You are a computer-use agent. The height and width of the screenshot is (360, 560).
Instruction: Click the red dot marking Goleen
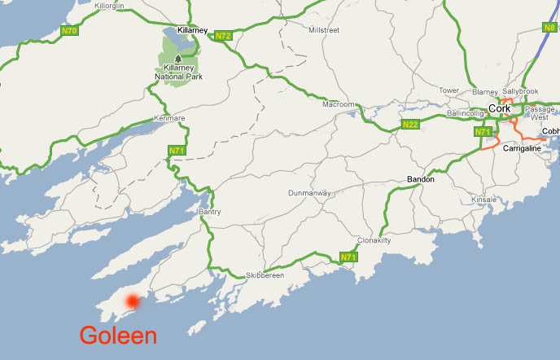132,301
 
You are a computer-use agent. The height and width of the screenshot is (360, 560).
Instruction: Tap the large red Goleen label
118,336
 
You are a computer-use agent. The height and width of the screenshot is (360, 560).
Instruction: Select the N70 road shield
70,31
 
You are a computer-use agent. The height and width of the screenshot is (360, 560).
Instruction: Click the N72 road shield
223,35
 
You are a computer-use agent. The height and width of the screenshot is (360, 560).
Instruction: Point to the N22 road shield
409,125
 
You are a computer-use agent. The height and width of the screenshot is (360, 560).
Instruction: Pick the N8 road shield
550,27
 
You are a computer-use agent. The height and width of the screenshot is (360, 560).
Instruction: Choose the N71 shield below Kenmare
176,151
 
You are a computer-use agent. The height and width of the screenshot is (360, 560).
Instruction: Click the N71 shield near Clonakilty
348,258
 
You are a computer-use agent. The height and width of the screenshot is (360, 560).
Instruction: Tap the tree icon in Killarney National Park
178,58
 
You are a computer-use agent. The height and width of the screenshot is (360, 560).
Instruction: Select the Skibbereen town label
265,276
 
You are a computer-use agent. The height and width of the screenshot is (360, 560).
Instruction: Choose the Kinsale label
483,199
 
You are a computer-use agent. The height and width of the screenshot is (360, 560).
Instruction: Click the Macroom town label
339,104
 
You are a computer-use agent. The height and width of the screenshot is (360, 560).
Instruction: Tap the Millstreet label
323,30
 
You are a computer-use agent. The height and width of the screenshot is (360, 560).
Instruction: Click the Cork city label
499,108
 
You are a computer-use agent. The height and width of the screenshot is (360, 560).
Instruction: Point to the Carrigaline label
523,149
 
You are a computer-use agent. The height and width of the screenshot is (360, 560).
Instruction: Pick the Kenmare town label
169,119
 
